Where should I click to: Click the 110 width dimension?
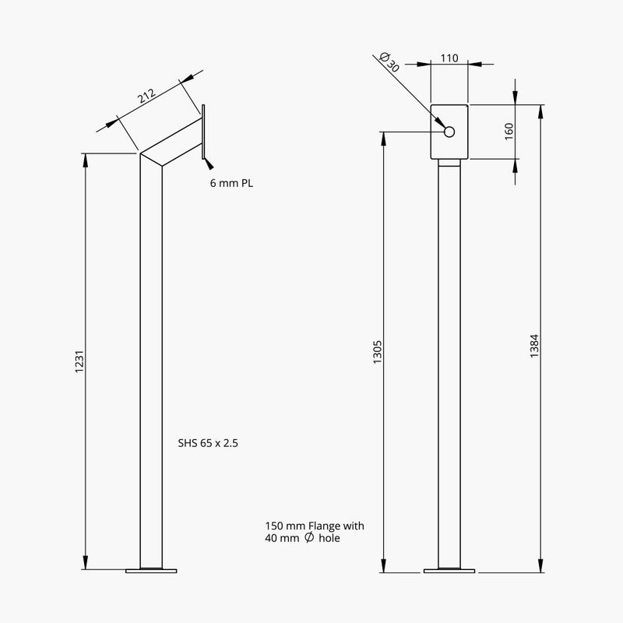449,58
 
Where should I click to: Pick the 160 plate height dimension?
509,131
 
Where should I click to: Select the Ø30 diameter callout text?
389,62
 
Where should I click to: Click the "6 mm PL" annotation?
231,185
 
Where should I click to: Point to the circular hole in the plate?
449,132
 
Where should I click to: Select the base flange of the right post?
449,571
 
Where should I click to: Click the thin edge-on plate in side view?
202,132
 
